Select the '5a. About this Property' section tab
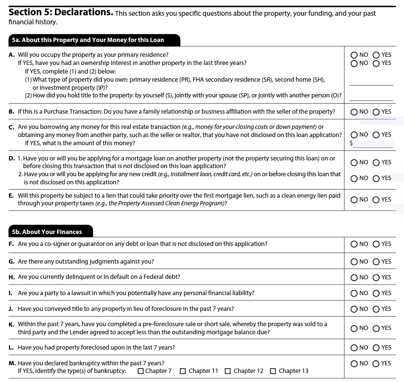pos(94,40)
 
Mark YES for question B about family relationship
pos(376,112)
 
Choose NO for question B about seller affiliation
pos(354,112)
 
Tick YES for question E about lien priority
pos(376,200)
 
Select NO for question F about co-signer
pos(354,244)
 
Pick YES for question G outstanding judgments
pos(376,262)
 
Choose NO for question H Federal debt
pos(354,277)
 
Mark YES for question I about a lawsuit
pos(376,293)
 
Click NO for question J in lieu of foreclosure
pos(354,309)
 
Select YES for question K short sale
pos(376,328)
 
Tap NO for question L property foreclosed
pos(354,348)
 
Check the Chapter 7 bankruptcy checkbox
pos(141,371)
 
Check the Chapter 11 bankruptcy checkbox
pos(183,371)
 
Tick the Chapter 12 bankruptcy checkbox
pos(228,371)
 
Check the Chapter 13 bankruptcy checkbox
pos(273,371)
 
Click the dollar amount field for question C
pos(373,143)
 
